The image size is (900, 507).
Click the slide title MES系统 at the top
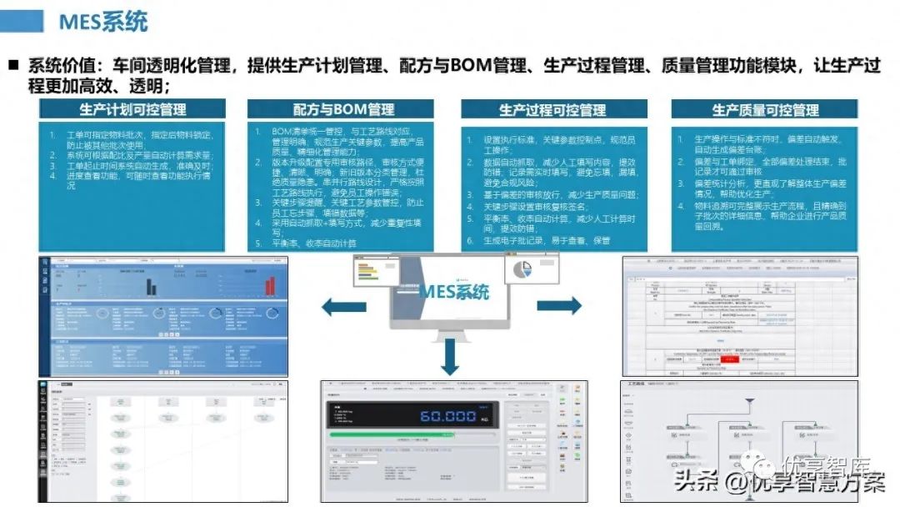pos(102,21)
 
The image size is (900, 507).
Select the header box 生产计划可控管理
pos(132,109)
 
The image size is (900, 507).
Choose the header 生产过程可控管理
pos(552,109)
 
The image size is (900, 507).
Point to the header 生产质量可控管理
pos(765,109)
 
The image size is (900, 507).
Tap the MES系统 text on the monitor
pos(453,292)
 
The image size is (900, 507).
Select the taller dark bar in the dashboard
pos(152,285)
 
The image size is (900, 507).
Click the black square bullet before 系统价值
pos(14,64)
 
